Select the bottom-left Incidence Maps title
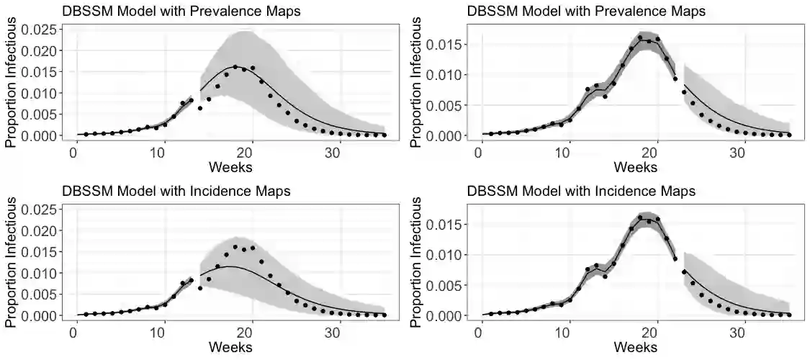(176, 192)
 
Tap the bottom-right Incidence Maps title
(582, 192)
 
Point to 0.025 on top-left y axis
(37, 30)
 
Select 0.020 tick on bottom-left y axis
(37, 230)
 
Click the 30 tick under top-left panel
(332, 151)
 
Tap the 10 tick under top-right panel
(567, 151)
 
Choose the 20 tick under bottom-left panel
(245, 332)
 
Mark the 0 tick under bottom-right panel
(480, 332)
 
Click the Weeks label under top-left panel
(230, 166)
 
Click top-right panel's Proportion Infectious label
(417, 81)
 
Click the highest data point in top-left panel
(235, 68)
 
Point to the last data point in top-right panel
(789, 135)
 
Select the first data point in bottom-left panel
(86, 315)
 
